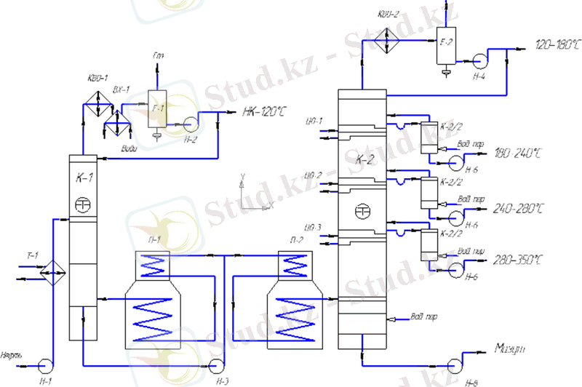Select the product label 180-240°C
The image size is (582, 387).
tap(517, 153)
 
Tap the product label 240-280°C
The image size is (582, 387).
tap(517, 210)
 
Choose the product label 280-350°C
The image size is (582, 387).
tap(518, 260)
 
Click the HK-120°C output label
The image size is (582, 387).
tap(264, 112)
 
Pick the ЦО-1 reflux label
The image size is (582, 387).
tap(315, 121)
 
